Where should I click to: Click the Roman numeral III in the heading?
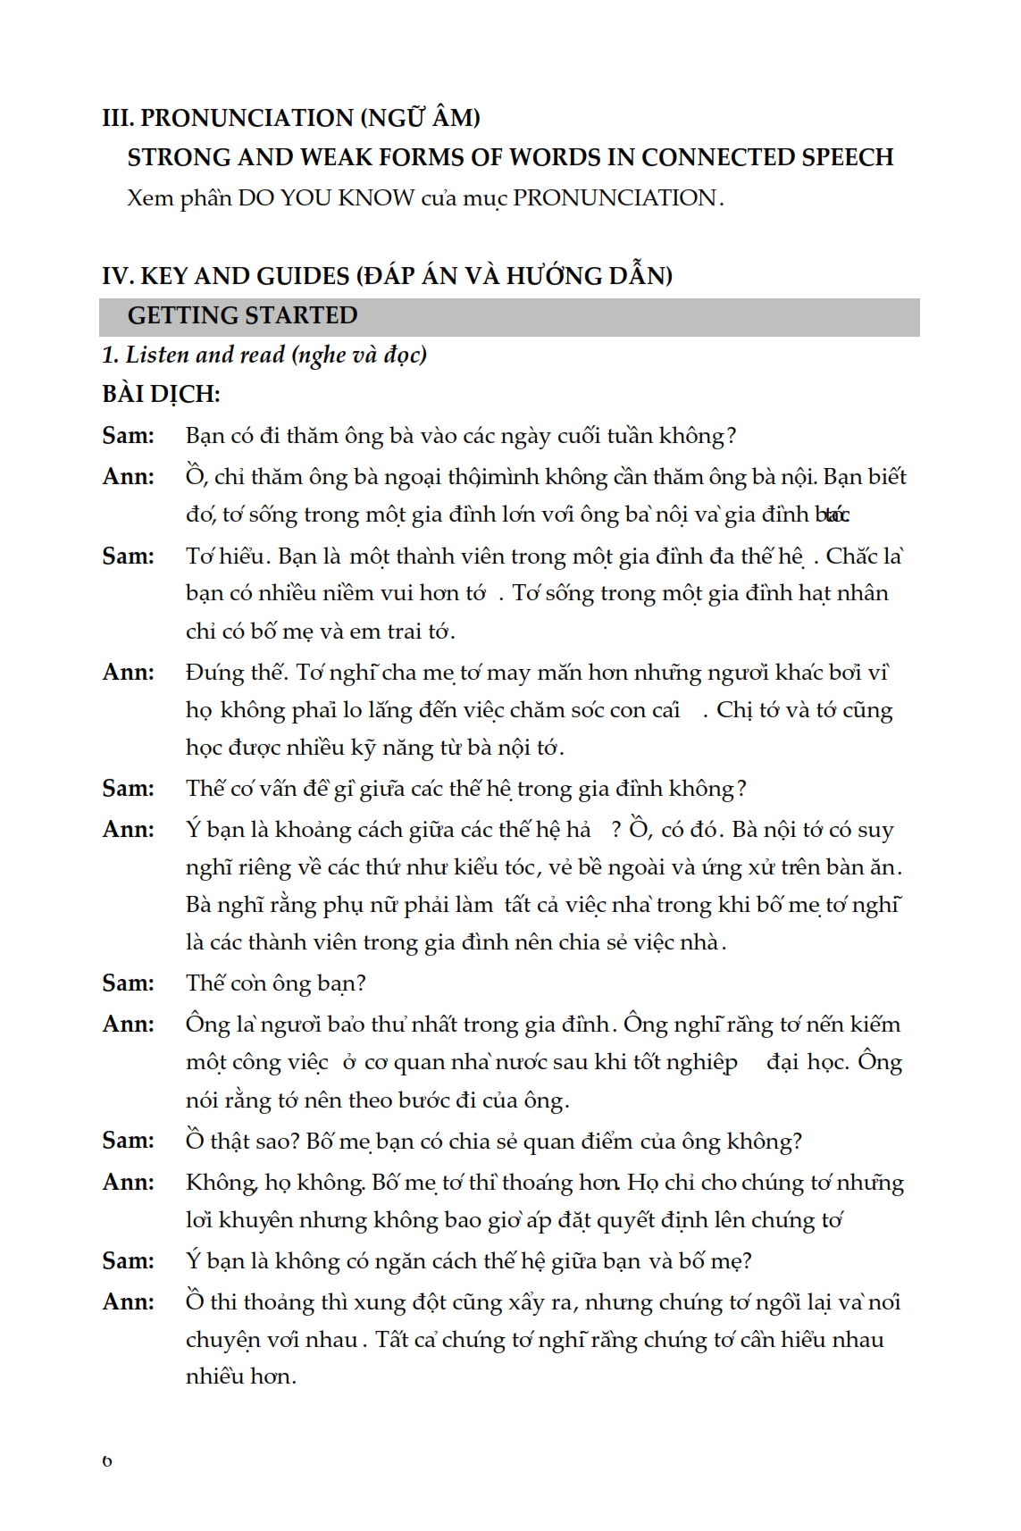click(x=117, y=118)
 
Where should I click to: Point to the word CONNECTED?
click(x=717, y=157)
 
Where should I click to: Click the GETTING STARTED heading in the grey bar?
click(x=242, y=315)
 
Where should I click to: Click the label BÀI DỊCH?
click(x=161, y=394)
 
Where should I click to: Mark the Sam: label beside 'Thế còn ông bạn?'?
click(x=129, y=983)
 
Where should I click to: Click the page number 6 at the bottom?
click(x=107, y=1461)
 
